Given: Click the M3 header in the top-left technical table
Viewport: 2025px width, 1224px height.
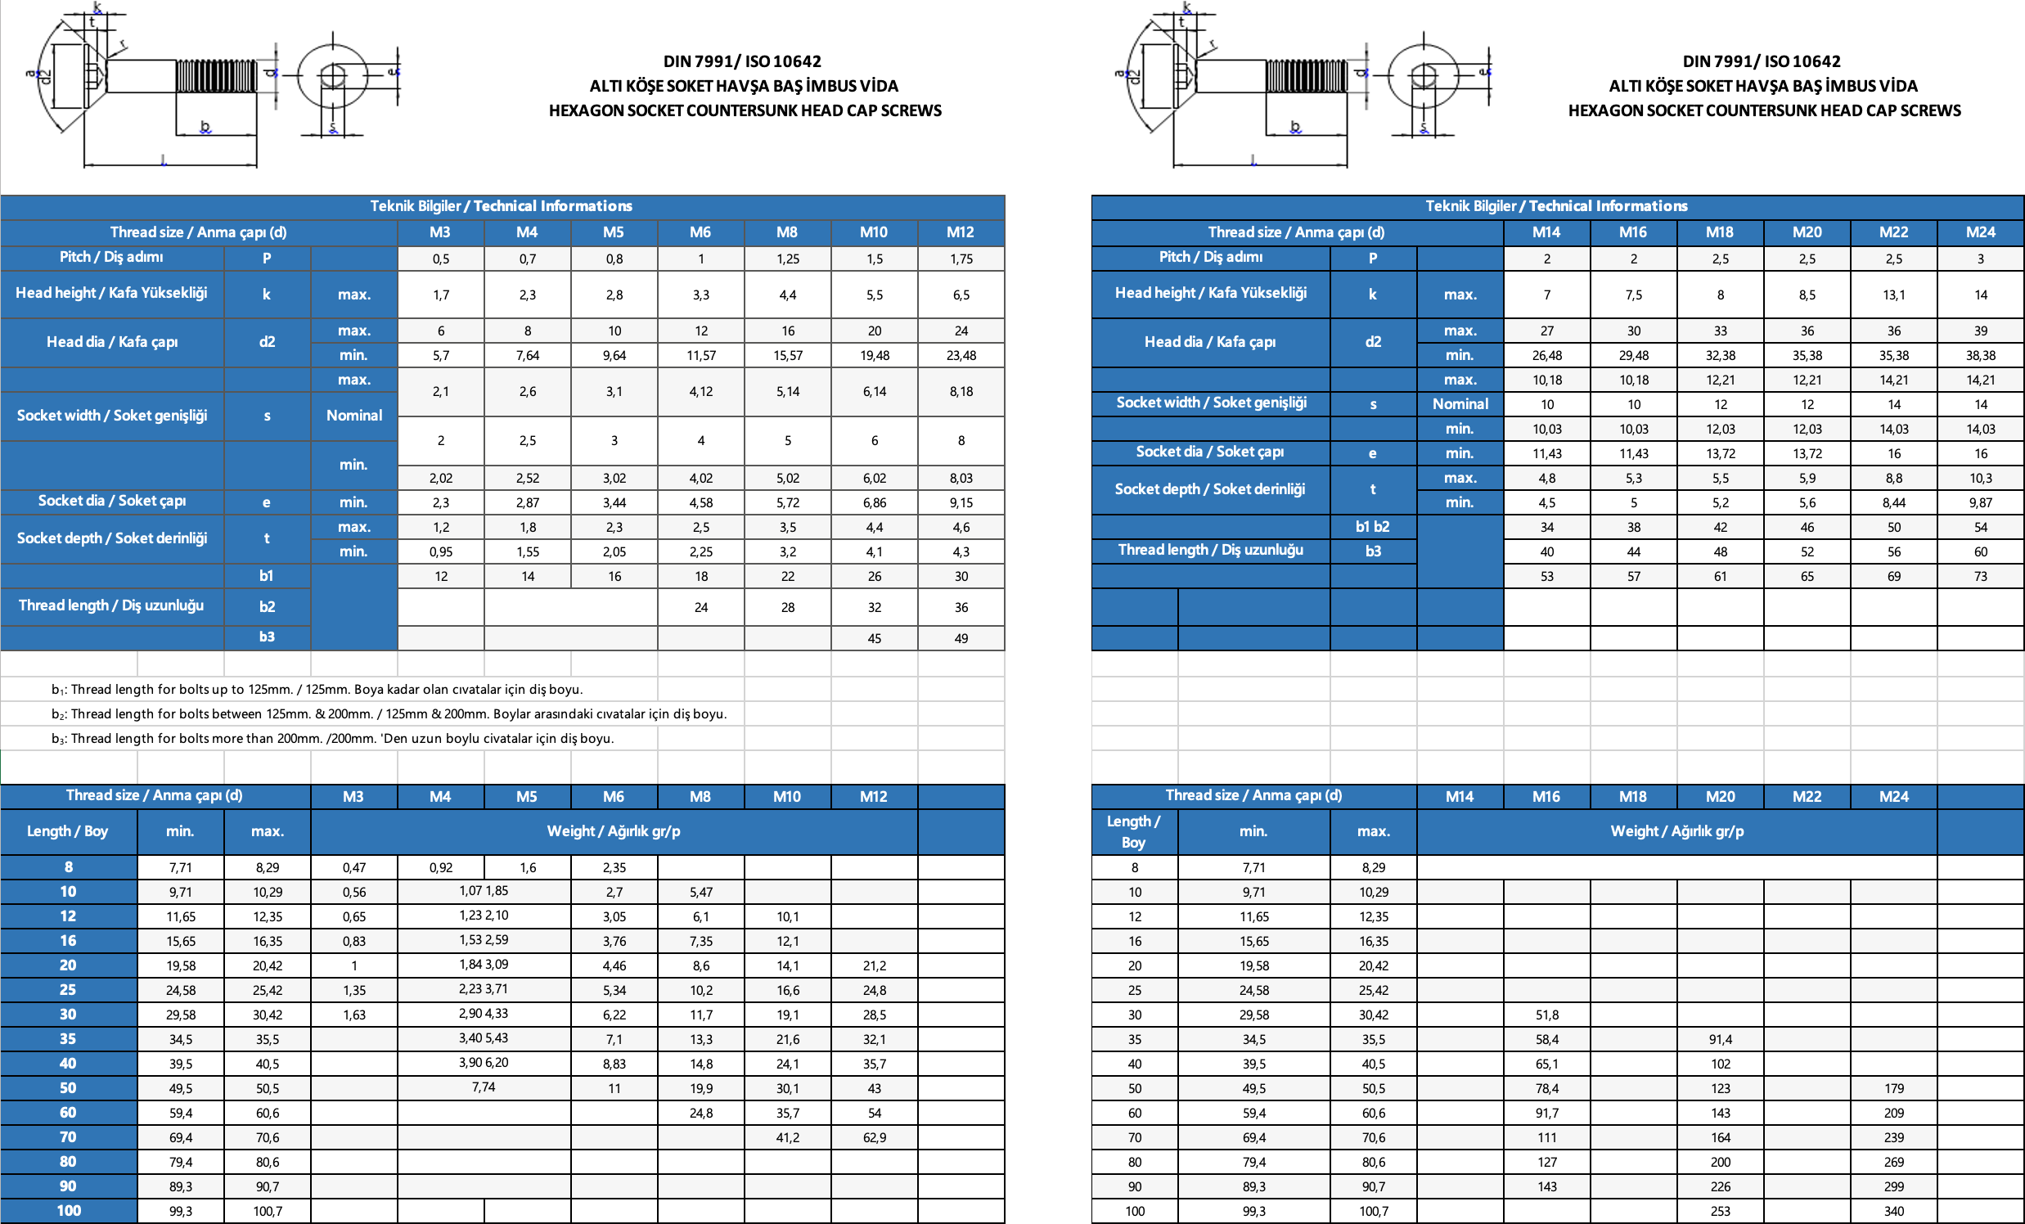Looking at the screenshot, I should tap(439, 232).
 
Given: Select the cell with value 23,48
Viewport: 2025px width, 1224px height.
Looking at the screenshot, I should tap(961, 356).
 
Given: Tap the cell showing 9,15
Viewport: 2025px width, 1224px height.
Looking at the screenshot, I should tap(961, 502).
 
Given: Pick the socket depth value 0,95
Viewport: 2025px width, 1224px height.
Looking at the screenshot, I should tap(440, 551).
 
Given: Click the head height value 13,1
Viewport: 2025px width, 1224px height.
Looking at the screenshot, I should tap(1893, 295).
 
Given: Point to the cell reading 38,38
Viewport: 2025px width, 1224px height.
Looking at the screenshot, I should tap(1980, 356).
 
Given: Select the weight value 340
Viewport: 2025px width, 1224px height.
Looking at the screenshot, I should tap(1893, 1211).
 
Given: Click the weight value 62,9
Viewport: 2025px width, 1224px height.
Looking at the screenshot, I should tap(874, 1138).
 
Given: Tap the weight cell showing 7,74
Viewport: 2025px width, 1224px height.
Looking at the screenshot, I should tap(484, 1087).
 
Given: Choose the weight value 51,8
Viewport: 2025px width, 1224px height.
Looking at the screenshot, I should tap(1546, 1015).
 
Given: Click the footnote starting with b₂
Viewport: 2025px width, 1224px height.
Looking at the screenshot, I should tap(389, 713).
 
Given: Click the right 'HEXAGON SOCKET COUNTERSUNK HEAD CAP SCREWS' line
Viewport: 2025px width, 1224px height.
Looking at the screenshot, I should tap(1764, 110).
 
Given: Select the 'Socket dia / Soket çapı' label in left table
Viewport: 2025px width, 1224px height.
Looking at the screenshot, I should tap(112, 501).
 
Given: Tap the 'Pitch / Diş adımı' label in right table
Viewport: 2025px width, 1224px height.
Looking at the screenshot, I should tap(1210, 257).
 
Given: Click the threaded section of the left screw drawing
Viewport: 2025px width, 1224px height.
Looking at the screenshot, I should tap(215, 75).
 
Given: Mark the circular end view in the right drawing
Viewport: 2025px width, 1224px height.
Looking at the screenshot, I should tap(1424, 76).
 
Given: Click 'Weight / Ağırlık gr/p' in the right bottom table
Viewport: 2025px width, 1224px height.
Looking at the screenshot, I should tap(1676, 831).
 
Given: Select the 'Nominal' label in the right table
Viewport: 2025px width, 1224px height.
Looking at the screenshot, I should tap(1460, 404).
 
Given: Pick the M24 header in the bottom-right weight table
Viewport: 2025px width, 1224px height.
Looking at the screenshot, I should tap(1893, 797).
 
